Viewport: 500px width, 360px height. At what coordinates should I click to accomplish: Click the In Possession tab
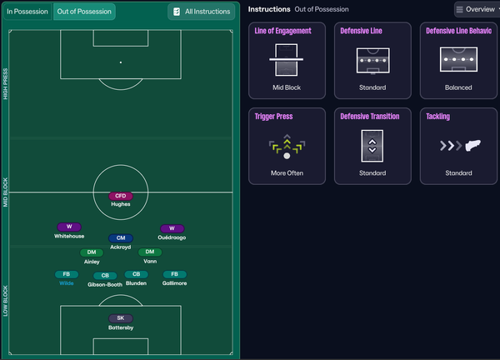[x=27, y=12]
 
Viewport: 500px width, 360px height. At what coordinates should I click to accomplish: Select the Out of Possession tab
[x=84, y=12]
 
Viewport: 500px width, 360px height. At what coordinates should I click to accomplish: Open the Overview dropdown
[x=477, y=9]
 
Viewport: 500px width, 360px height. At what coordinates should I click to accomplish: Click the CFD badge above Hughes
[x=121, y=196]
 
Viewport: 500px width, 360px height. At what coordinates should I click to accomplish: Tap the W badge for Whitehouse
[x=69, y=227]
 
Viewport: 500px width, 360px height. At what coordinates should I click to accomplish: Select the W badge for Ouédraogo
[x=172, y=228]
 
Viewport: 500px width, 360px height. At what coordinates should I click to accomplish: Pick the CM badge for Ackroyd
[x=121, y=237]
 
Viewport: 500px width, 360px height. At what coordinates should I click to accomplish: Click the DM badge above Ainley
[x=92, y=252]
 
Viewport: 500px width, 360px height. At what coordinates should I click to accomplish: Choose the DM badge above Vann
[x=150, y=252]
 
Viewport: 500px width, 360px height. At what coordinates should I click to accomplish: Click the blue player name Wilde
[x=67, y=283]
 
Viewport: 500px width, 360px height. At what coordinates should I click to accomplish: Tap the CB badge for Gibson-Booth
[x=105, y=276]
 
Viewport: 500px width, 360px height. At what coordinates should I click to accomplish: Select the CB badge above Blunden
[x=136, y=274]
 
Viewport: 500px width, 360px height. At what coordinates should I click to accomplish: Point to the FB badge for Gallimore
[x=174, y=274]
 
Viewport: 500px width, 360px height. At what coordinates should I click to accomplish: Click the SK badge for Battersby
[x=121, y=318]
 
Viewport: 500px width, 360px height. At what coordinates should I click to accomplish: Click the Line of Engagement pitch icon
[x=287, y=60]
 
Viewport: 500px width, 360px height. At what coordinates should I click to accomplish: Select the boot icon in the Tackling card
[x=472, y=145]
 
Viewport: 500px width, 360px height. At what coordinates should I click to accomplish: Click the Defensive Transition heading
[x=369, y=117]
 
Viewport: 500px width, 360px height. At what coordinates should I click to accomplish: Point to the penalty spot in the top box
[x=121, y=62]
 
